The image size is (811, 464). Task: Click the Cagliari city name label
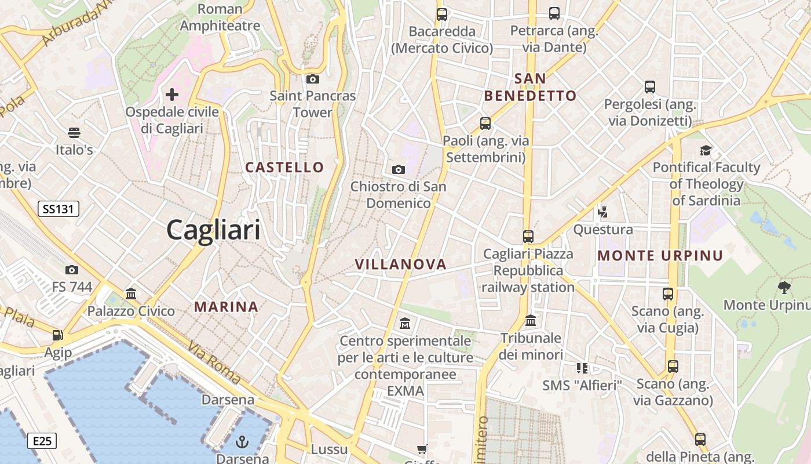(x=213, y=230)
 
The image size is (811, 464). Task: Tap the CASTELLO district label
(x=284, y=167)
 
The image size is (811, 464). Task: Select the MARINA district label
(x=226, y=307)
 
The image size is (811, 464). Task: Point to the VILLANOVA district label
(x=401, y=264)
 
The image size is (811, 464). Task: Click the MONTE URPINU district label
(x=660, y=255)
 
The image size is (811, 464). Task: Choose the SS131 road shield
(x=58, y=209)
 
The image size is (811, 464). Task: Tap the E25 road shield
(x=42, y=441)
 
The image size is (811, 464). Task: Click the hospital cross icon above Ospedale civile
(x=172, y=94)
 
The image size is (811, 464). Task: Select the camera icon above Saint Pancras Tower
(x=313, y=79)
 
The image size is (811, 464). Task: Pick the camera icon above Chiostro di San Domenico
(x=399, y=169)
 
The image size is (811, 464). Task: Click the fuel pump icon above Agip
(x=57, y=335)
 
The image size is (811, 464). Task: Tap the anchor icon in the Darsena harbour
(x=242, y=443)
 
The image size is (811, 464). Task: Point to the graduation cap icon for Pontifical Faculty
(x=706, y=151)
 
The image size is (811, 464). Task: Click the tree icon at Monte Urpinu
(x=784, y=287)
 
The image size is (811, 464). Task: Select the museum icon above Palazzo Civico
(x=131, y=294)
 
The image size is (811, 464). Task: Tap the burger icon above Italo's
(x=74, y=133)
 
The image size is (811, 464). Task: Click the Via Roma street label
(x=214, y=362)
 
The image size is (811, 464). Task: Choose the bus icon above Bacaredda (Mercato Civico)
(x=442, y=14)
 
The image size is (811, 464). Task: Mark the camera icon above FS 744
(x=72, y=270)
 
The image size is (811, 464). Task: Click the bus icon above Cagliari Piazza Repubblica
(x=528, y=237)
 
